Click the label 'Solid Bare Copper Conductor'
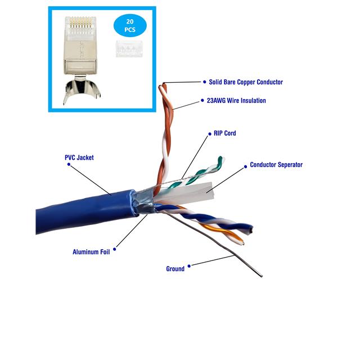tap(246, 82)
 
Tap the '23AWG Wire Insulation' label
tap(236, 101)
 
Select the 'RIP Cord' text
tap(225, 133)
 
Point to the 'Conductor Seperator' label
tap(276, 165)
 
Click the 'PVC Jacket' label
tap(79, 157)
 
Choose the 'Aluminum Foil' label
tap(91, 252)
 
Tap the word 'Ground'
tap(175, 269)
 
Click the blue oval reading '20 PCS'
tap(130, 25)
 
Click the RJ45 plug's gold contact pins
tap(81, 22)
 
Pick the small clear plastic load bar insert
tap(129, 49)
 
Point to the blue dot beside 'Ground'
tap(189, 266)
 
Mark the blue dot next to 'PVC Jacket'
tap(69, 164)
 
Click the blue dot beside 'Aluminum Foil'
tap(114, 249)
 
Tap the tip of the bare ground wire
tap(262, 276)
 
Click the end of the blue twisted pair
tap(251, 229)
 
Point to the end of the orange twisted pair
tap(242, 243)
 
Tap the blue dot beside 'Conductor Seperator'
tap(245, 166)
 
